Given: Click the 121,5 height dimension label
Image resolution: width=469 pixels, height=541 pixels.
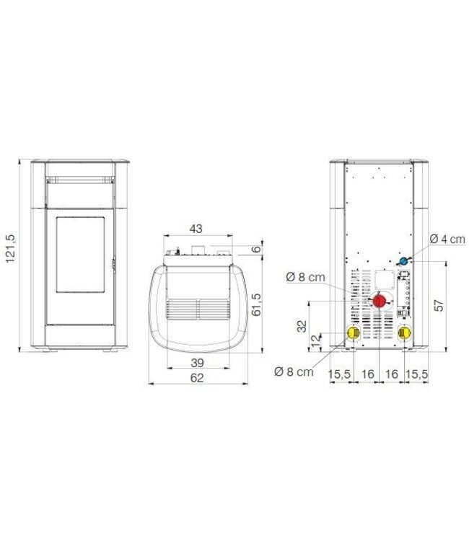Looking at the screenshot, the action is (11, 248).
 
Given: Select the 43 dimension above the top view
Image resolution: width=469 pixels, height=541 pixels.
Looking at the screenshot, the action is (196, 229).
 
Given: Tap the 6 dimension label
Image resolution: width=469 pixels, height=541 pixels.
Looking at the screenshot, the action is (256, 249).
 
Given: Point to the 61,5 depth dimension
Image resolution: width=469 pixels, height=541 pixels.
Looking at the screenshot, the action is (256, 304).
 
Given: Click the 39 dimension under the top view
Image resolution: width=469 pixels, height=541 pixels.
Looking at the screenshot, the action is (197, 363).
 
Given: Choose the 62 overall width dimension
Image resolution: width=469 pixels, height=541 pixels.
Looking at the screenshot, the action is (197, 378).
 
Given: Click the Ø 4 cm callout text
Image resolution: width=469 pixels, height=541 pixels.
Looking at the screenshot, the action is (447, 239).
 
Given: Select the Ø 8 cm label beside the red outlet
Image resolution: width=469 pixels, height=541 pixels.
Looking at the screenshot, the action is (305, 277).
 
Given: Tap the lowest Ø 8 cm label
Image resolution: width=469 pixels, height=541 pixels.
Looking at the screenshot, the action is (294, 371).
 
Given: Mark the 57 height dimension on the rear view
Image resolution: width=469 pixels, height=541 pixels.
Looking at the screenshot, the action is (438, 305).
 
